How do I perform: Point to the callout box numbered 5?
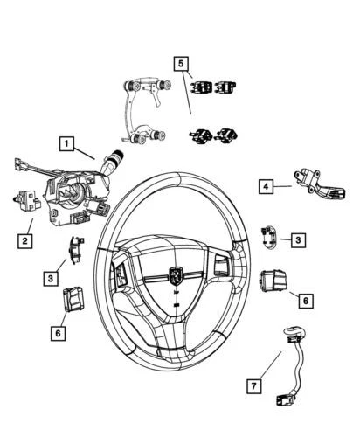pyautogui.click(x=181, y=64)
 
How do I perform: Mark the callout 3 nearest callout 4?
pyautogui.click(x=298, y=239)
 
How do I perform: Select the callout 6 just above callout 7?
pyautogui.click(x=305, y=300)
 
